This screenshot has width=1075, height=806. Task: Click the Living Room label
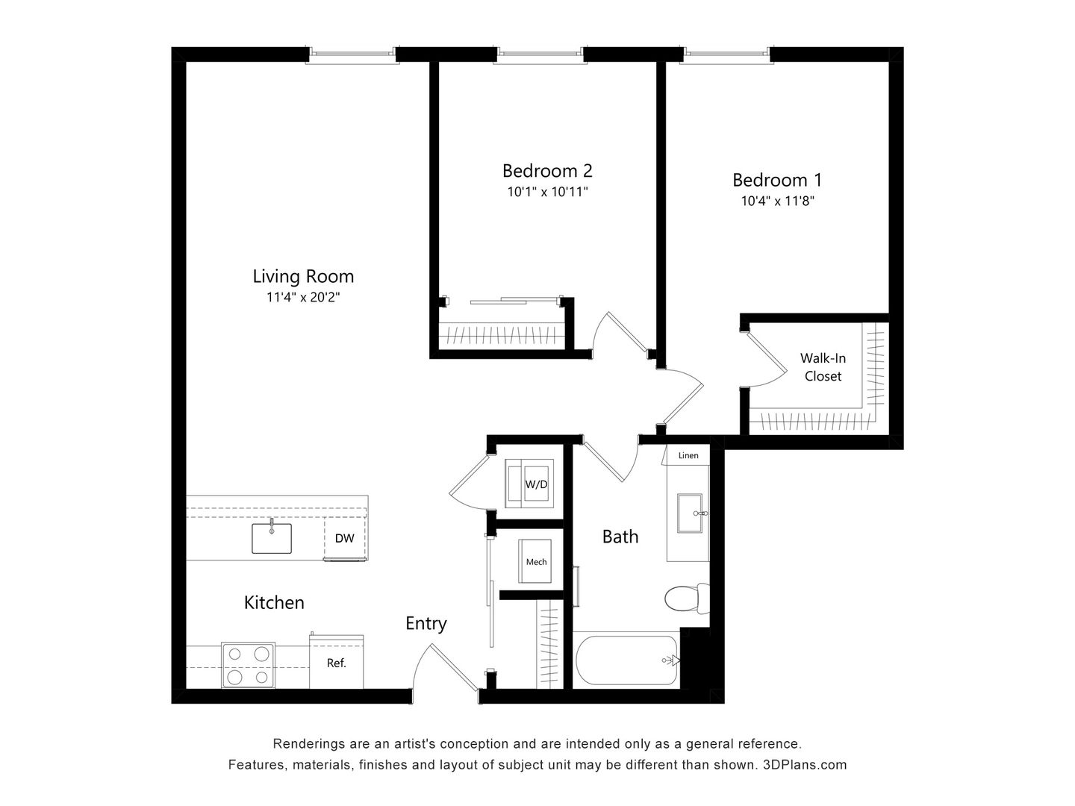[302, 276]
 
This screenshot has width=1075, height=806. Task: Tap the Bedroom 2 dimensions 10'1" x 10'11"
[547, 192]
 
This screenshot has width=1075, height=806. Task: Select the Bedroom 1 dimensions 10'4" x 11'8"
[777, 201]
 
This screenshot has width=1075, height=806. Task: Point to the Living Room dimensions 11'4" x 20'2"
[302, 297]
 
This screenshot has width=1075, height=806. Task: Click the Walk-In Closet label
[823, 367]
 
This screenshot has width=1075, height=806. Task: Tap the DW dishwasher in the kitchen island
[344, 538]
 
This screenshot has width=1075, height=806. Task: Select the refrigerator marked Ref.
[337, 662]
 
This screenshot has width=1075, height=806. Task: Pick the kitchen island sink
[272, 537]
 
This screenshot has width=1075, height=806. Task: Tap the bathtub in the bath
[626, 660]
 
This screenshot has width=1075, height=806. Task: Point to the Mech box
[535, 562]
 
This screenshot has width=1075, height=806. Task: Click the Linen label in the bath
[688, 455]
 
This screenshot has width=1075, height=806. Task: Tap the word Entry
[426, 623]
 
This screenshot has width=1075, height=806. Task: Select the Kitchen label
[274, 602]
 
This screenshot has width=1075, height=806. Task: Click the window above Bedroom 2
[541, 54]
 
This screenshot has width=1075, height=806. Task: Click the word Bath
[620, 536]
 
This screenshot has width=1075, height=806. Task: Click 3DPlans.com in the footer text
[805, 765]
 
